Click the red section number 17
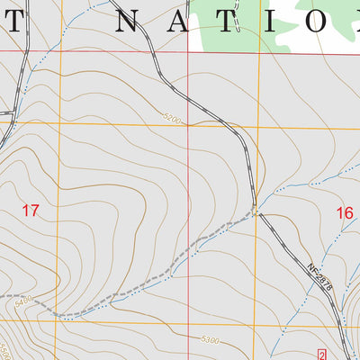[31, 211]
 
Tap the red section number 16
[344, 213]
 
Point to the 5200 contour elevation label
[173, 117]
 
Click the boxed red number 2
[322, 353]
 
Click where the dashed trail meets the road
[256, 213]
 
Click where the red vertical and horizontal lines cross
[188, 51]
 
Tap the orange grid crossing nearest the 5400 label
[60, 321]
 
